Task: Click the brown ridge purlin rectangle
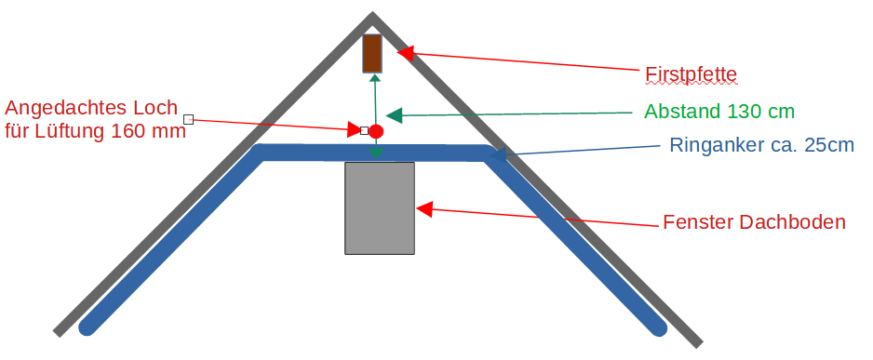coord(372,53)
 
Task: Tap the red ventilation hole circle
coord(376,131)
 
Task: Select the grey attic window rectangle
coord(380,208)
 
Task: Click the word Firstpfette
coord(691,74)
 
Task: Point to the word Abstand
coord(683,112)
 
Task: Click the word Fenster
coord(698,222)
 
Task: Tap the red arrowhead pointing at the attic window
coord(424,209)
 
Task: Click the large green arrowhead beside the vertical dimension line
coord(394,115)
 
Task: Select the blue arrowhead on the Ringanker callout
coord(498,154)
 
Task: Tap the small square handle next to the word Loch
coord(188,119)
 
